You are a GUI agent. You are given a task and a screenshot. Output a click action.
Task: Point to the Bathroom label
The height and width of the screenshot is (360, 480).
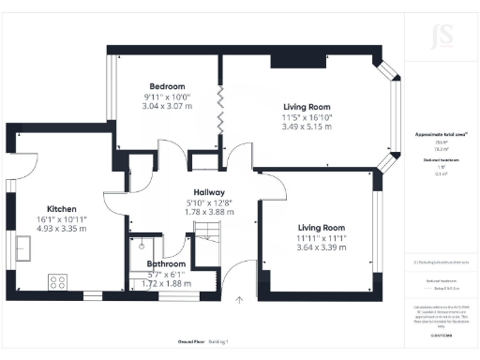165,263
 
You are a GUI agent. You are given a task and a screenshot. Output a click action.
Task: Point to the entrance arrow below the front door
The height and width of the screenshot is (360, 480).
239,301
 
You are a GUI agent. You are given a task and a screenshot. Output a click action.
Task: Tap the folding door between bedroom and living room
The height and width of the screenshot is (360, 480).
221,113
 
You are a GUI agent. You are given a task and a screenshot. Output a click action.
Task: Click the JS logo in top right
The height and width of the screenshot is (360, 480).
433,38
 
